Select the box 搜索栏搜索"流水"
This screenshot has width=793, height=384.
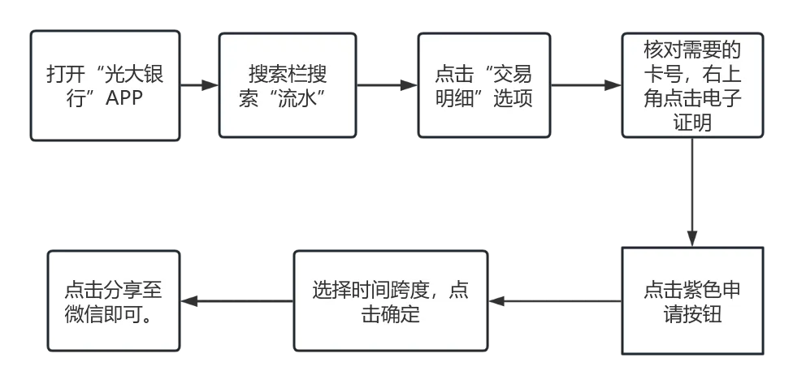(288, 86)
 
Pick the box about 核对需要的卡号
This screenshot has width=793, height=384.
(692, 86)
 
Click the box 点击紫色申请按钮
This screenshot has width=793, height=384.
(692, 301)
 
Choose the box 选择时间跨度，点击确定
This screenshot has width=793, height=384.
(391, 301)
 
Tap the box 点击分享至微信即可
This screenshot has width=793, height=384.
(113, 301)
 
